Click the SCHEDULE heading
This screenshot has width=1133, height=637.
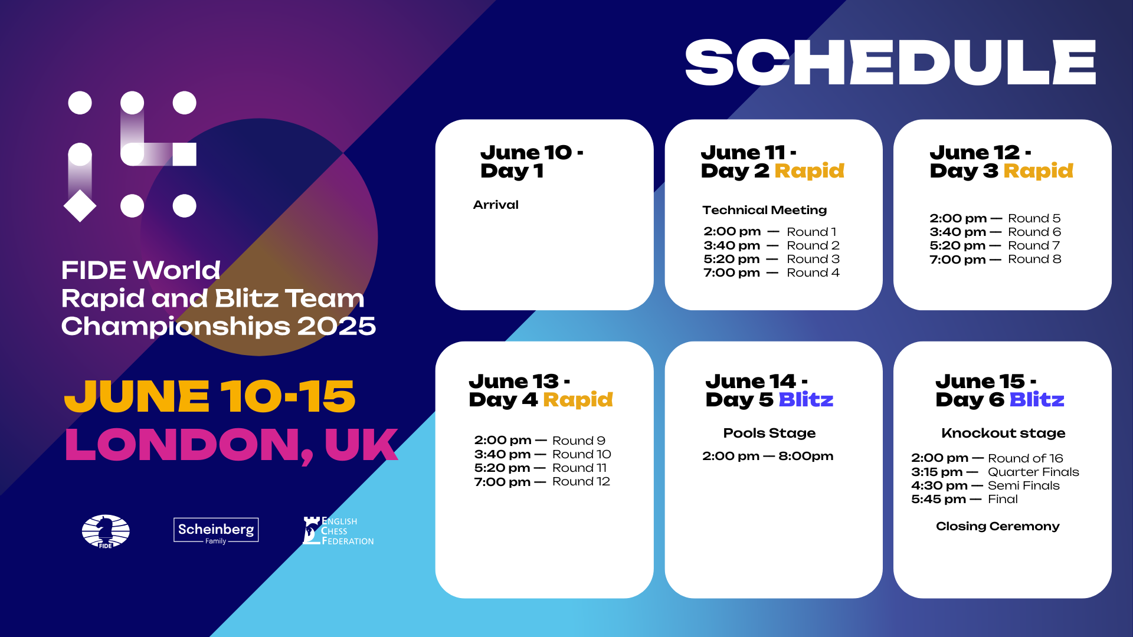click(x=890, y=63)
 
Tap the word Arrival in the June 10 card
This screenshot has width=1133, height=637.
click(x=496, y=205)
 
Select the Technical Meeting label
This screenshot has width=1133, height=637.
click(x=765, y=210)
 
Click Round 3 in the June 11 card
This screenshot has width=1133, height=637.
click(x=813, y=259)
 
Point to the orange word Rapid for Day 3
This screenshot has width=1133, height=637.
click(x=1038, y=170)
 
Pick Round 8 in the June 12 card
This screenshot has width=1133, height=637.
click(x=1034, y=259)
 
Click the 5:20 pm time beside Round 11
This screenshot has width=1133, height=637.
click(x=502, y=468)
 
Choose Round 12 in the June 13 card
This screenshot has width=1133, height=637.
click(x=581, y=481)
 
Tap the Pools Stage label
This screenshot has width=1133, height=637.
click(x=769, y=433)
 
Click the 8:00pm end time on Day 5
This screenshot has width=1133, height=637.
click(x=806, y=456)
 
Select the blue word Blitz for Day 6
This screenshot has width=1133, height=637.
click(x=1037, y=399)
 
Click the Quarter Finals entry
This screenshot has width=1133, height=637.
click(x=1033, y=472)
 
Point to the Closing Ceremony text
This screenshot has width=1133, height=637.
click(x=998, y=526)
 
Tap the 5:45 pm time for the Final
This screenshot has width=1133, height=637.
click(x=938, y=499)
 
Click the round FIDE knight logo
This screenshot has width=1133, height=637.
click(x=106, y=531)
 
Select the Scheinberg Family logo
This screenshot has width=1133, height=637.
click(x=216, y=531)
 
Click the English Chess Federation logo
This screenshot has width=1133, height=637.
click(x=338, y=531)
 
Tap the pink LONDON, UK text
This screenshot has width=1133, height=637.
click(x=231, y=445)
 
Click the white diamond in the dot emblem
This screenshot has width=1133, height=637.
click(x=80, y=206)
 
